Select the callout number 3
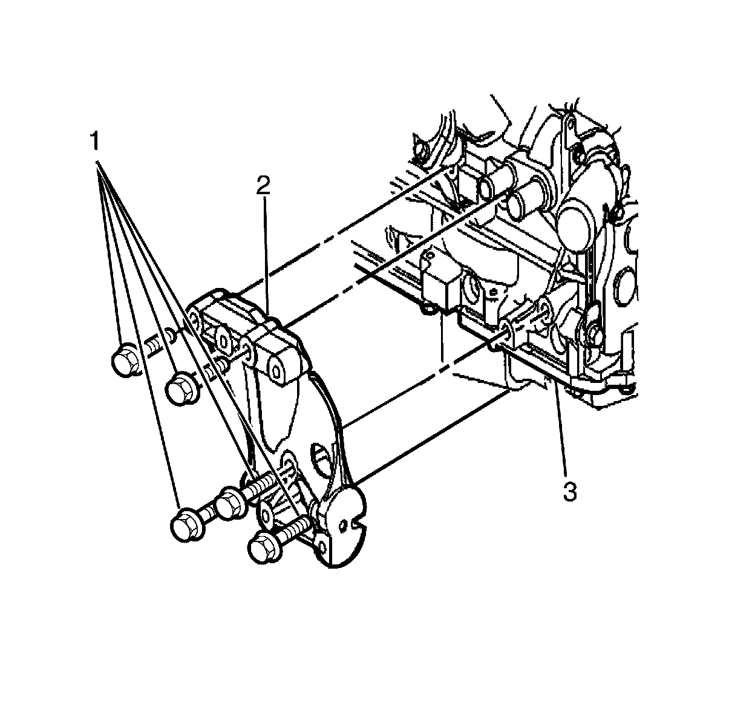[569, 491]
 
